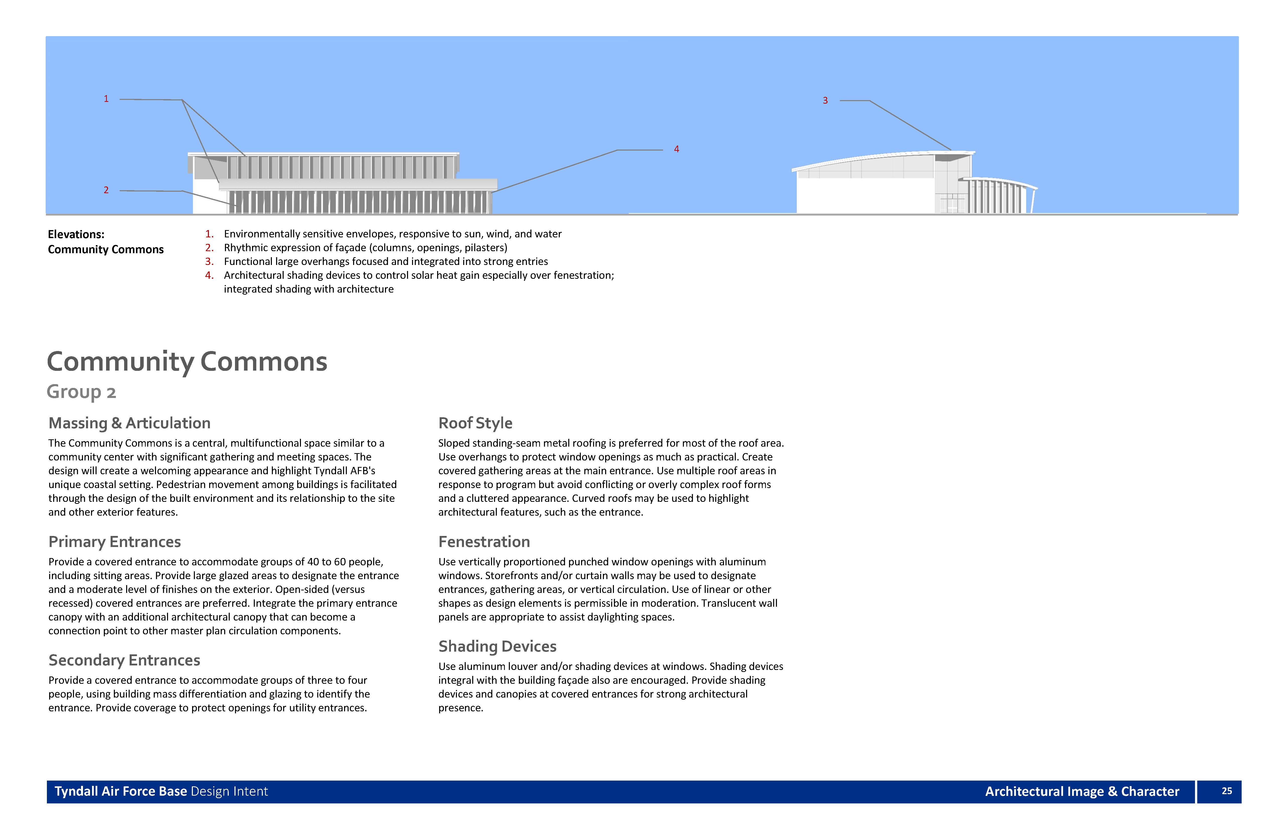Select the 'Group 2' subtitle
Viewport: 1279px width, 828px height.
tap(81, 392)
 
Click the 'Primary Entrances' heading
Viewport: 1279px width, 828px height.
tap(114, 542)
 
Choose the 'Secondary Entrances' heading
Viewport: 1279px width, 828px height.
tap(124, 660)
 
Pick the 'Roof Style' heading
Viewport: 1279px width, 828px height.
tap(475, 423)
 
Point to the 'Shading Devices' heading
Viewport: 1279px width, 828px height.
tap(497, 646)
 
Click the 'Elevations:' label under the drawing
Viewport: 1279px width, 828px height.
tap(76, 234)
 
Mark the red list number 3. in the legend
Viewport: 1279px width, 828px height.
tap(209, 262)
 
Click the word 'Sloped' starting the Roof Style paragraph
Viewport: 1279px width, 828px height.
tap(454, 444)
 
